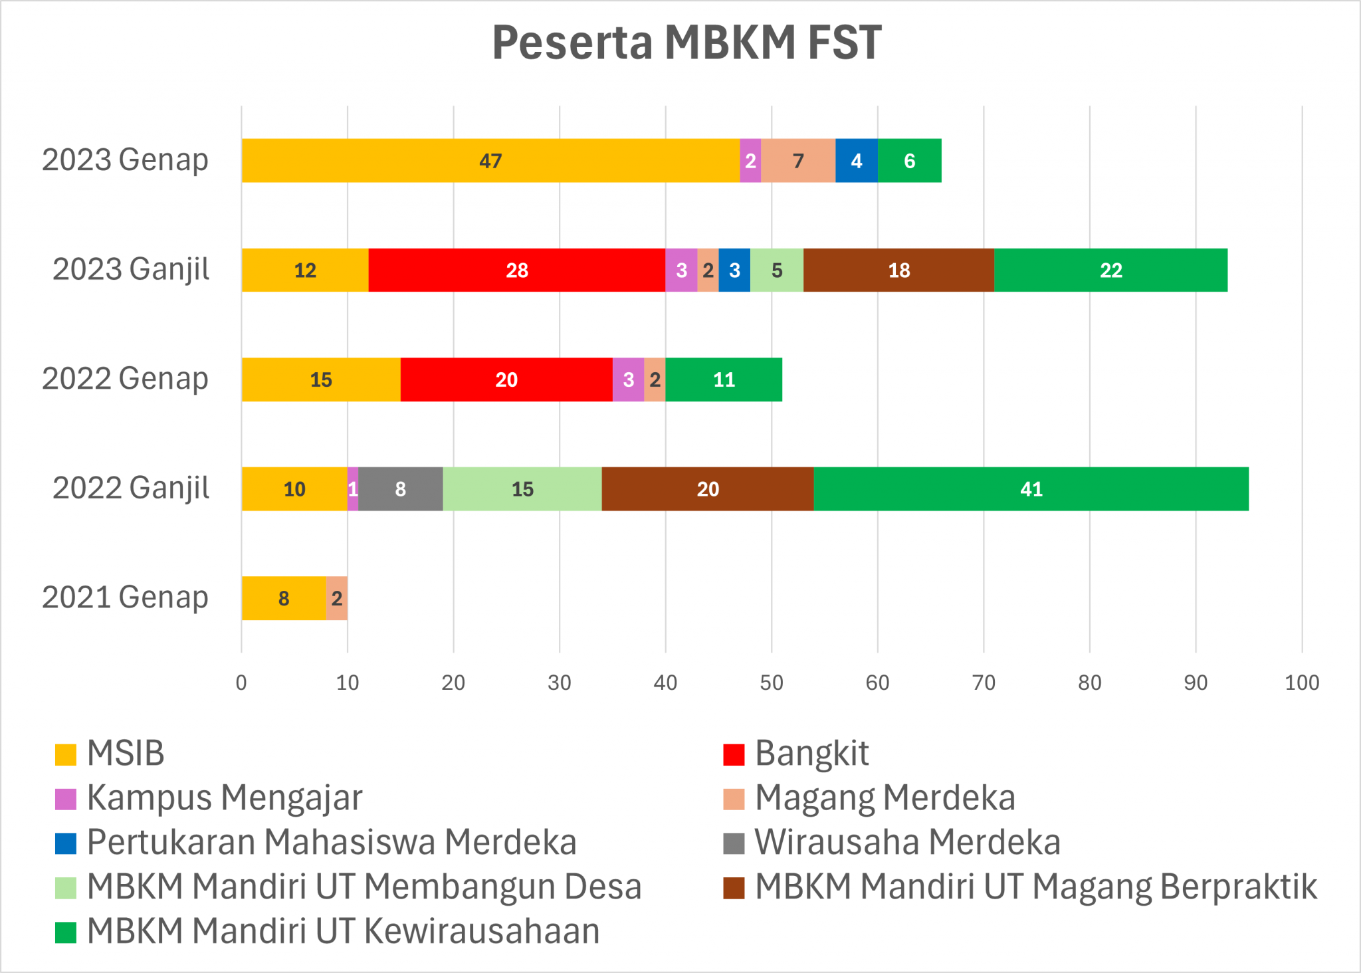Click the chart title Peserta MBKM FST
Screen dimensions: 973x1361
[686, 43]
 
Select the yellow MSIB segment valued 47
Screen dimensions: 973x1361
[490, 161]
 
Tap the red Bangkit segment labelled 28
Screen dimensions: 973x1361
[517, 270]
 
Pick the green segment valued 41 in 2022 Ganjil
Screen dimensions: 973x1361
[1031, 489]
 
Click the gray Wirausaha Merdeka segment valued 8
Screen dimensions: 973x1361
[400, 489]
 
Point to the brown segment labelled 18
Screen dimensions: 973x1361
[898, 270]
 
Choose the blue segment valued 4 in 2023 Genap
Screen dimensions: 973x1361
[856, 161]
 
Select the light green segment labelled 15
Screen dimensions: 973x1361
[522, 489]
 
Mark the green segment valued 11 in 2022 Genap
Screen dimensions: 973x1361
[724, 379]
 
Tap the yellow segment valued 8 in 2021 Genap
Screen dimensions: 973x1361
[284, 598]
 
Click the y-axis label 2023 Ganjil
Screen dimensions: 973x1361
[131, 269]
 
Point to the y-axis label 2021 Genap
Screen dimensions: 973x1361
[126, 597]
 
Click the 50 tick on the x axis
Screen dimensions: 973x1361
[772, 683]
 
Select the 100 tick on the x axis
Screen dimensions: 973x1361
[1302, 683]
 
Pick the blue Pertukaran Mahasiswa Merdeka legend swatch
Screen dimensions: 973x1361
[66, 843]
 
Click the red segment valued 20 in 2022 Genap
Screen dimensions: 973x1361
[506, 379]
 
